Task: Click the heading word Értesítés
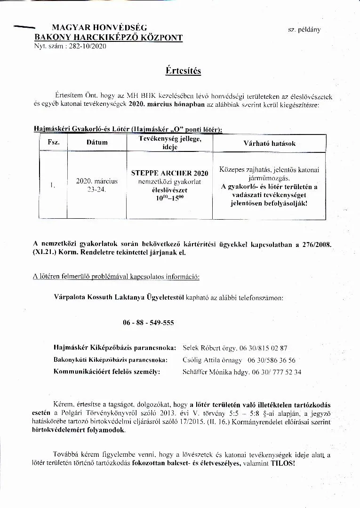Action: pos(183,71)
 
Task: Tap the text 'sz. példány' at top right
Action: pos(304,29)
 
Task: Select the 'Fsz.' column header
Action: pos(54,143)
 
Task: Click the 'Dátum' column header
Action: pos(97,143)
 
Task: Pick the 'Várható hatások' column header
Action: pos(269,143)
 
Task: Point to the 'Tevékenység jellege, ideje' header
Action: pos(169,143)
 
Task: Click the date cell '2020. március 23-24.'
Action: pos(97,185)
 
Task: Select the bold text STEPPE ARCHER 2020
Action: pos(169,173)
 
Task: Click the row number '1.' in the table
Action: pos(53,185)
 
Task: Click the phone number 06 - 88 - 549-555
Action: pos(148,323)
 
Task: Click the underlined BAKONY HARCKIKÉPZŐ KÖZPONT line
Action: pos(109,38)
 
